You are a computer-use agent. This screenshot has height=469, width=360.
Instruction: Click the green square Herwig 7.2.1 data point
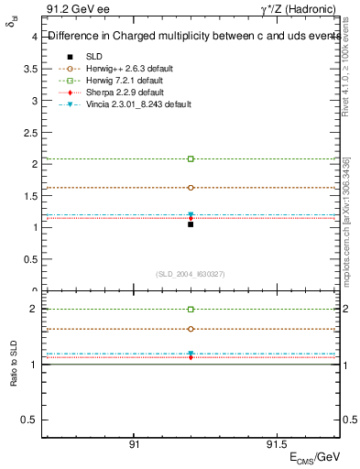tap(191, 158)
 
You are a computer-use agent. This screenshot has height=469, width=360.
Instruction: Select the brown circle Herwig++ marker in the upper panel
tap(191, 188)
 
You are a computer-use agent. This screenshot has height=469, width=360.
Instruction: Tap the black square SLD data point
tap(191, 224)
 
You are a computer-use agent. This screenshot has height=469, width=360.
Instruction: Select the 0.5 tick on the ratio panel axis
tap(31, 420)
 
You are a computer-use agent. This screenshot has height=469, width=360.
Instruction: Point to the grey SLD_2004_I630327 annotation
tap(191, 273)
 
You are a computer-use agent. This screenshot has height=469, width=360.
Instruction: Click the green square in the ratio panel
tap(191, 310)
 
